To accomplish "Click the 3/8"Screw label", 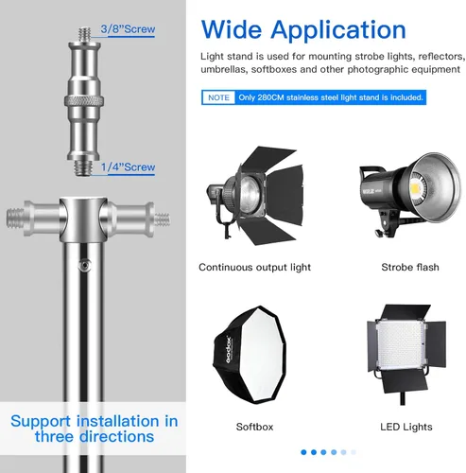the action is pos(128,29).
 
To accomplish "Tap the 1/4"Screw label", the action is pos(128,167).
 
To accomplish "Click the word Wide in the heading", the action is pos(232,29).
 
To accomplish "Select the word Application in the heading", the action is pos(338,31).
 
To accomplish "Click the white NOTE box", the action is pos(218,97).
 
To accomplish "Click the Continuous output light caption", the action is pos(254,268).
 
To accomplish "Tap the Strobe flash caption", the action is pos(410,268).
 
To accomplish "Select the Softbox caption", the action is pos(254,427).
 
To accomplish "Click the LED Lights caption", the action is pos(406,427).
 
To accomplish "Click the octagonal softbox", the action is pos(250,355).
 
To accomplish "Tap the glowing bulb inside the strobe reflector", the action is pos(417,188).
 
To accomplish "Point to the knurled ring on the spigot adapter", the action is pos(84,101).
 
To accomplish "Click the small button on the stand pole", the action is pos(84,266).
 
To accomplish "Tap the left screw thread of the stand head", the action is pos(15,219).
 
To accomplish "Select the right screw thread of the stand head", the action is pos(163,219).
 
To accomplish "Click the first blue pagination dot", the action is pos(303,452).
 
